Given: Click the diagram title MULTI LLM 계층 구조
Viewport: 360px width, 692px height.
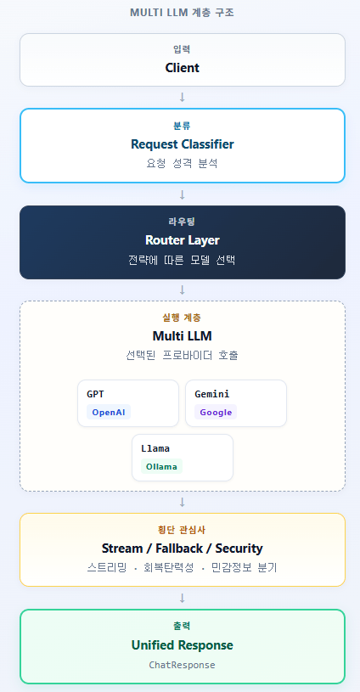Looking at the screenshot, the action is coord(182,13).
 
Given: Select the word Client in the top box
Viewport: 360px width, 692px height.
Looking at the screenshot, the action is coord(183,68).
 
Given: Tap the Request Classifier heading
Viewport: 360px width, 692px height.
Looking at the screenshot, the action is coord(183,143).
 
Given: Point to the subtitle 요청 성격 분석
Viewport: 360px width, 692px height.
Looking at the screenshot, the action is coord(183,164).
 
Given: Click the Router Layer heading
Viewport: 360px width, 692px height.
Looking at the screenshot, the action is coord(183,240).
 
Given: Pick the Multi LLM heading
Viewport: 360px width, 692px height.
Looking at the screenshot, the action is coord(183,336).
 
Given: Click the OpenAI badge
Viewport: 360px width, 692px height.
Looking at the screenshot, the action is coord(109,412).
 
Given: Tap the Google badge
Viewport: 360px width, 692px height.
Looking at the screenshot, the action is coord(216,412).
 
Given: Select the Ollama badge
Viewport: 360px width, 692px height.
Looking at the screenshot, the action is coord(161,466).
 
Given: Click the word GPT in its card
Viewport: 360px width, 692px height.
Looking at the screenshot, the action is coord(95,394).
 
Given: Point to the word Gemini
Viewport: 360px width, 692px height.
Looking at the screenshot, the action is coord(211,394).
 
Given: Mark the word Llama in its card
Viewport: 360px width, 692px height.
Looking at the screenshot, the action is coord(155,448).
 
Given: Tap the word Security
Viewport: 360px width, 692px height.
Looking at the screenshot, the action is coord(239,549).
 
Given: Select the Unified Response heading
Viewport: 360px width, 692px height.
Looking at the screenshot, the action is coord(183,644).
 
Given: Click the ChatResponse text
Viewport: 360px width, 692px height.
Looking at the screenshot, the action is coord(183,665).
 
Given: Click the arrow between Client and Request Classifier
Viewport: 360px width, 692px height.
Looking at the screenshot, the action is coord(183,97).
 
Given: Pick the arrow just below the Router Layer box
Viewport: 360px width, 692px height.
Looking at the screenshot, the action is coord(183,290).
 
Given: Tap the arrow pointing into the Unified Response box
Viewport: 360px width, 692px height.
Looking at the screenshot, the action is coord(183,598).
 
